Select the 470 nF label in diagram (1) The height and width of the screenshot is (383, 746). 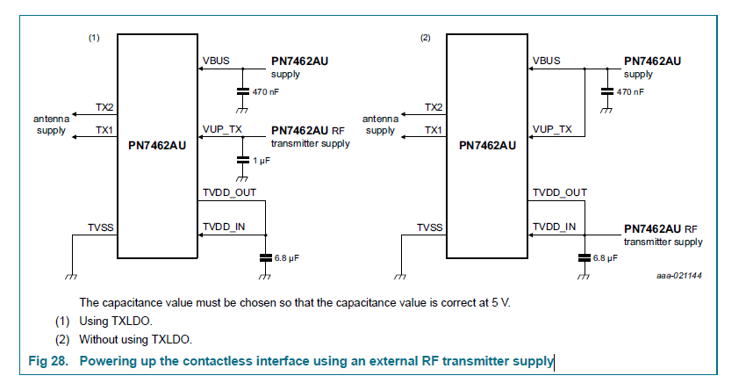pyautogui.click(x=264, y=91)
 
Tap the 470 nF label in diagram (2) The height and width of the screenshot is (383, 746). pyautogui.click(x=629, y=91)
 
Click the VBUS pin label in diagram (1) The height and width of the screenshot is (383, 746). pyautogui.click(x=216, y=61)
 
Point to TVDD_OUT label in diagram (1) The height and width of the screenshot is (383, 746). pyautogui.click(x=227, y=191)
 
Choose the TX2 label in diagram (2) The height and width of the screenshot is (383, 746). pyautogui.click(x=433, y=107)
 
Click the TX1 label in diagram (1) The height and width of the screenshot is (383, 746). pyautogui.click(x=104, y=129)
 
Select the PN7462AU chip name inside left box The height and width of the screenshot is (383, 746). pyautogui.click(x=158, y=145)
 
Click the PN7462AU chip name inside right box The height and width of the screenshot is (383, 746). pyautogui.click(x=487, y=145)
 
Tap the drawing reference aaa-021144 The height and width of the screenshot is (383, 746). pyautogui.click(x=679, y=276)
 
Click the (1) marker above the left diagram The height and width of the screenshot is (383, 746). pyautogui.click(x=94, y=39)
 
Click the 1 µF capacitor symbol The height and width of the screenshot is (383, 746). pyautogui.click(x=241, y=161)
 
